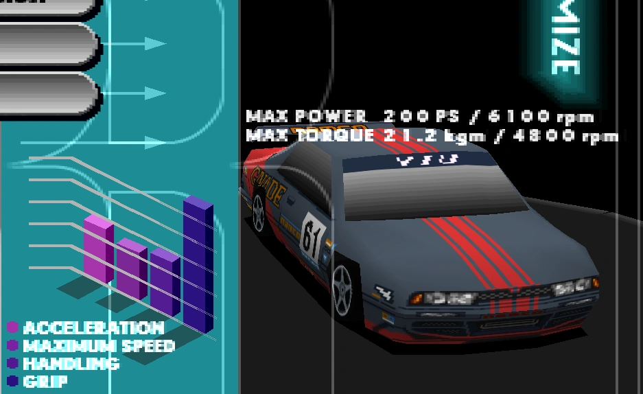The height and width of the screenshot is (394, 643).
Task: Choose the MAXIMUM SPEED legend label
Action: point(99,346)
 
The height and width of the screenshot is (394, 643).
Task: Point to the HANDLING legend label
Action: point(71,364)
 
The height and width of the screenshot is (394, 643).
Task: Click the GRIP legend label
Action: point(45,381)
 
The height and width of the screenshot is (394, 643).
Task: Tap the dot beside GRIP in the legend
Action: point(12,381)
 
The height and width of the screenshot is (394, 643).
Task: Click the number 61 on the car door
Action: point(312,237)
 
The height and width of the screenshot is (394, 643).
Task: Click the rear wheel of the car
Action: point(258,213)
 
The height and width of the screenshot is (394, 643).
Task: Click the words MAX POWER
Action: point(305,116)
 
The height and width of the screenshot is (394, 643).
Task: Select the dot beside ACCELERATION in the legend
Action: point(12,327)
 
